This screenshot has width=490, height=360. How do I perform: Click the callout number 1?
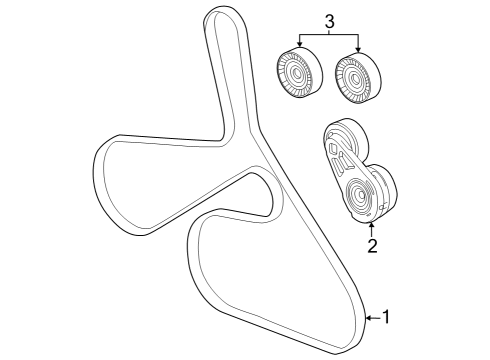click(387, 317)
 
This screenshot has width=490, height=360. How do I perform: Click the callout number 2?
click(371, 245)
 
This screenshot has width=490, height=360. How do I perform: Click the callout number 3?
click(329, 19)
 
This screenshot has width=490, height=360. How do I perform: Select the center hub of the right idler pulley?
click(353, 76)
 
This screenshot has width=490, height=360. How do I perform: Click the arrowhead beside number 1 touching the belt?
click(369, 317)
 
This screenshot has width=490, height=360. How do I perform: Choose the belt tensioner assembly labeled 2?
click(357, 175)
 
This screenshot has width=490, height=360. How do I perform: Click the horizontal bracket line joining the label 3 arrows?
click(329, 33)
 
